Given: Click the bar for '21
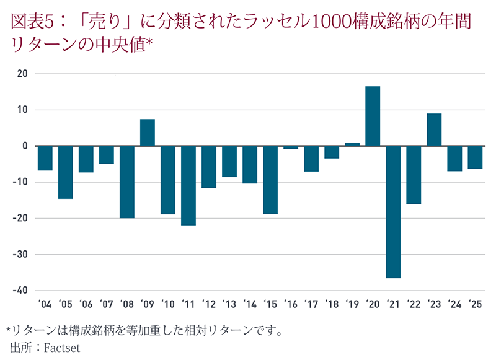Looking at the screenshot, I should point(393,212).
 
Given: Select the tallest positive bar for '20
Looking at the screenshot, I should point(373,116).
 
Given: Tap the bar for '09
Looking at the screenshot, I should point(148,132).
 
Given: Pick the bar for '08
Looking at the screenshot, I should point(127,182).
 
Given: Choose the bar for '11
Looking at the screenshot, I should point(188,185).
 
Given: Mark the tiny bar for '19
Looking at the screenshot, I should point(352,144).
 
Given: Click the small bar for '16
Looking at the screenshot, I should point(291,147).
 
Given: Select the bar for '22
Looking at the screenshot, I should point(414,175).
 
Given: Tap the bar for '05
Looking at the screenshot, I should point(66,172).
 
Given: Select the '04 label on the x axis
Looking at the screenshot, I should point(45,305).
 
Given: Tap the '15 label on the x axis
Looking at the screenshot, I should point(270,305).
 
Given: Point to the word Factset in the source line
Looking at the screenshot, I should point(62,348).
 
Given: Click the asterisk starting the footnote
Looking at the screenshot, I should point(8,329).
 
